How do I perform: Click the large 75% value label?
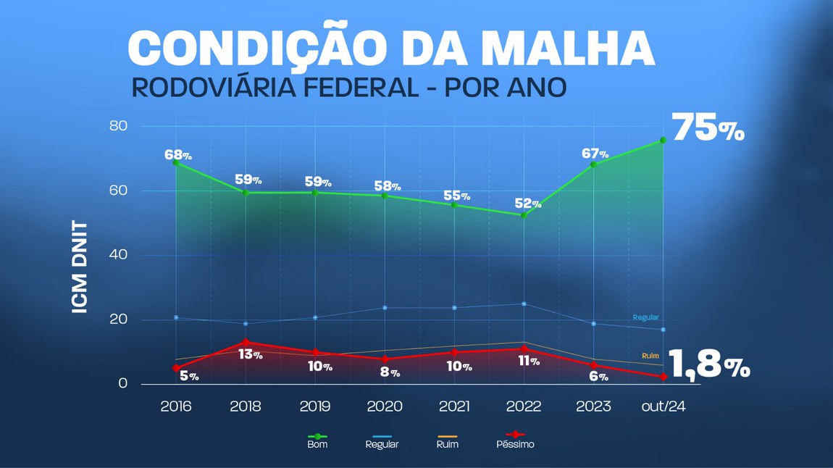708,129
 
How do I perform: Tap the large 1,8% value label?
708,364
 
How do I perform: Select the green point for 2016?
175,162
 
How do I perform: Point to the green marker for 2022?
523,215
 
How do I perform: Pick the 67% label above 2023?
594,154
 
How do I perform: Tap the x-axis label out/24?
662,406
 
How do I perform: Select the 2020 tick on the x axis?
385,406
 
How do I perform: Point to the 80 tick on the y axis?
118,126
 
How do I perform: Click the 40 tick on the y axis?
118,255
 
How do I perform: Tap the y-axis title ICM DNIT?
80,267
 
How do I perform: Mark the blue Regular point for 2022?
523,304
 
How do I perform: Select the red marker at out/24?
663,377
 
